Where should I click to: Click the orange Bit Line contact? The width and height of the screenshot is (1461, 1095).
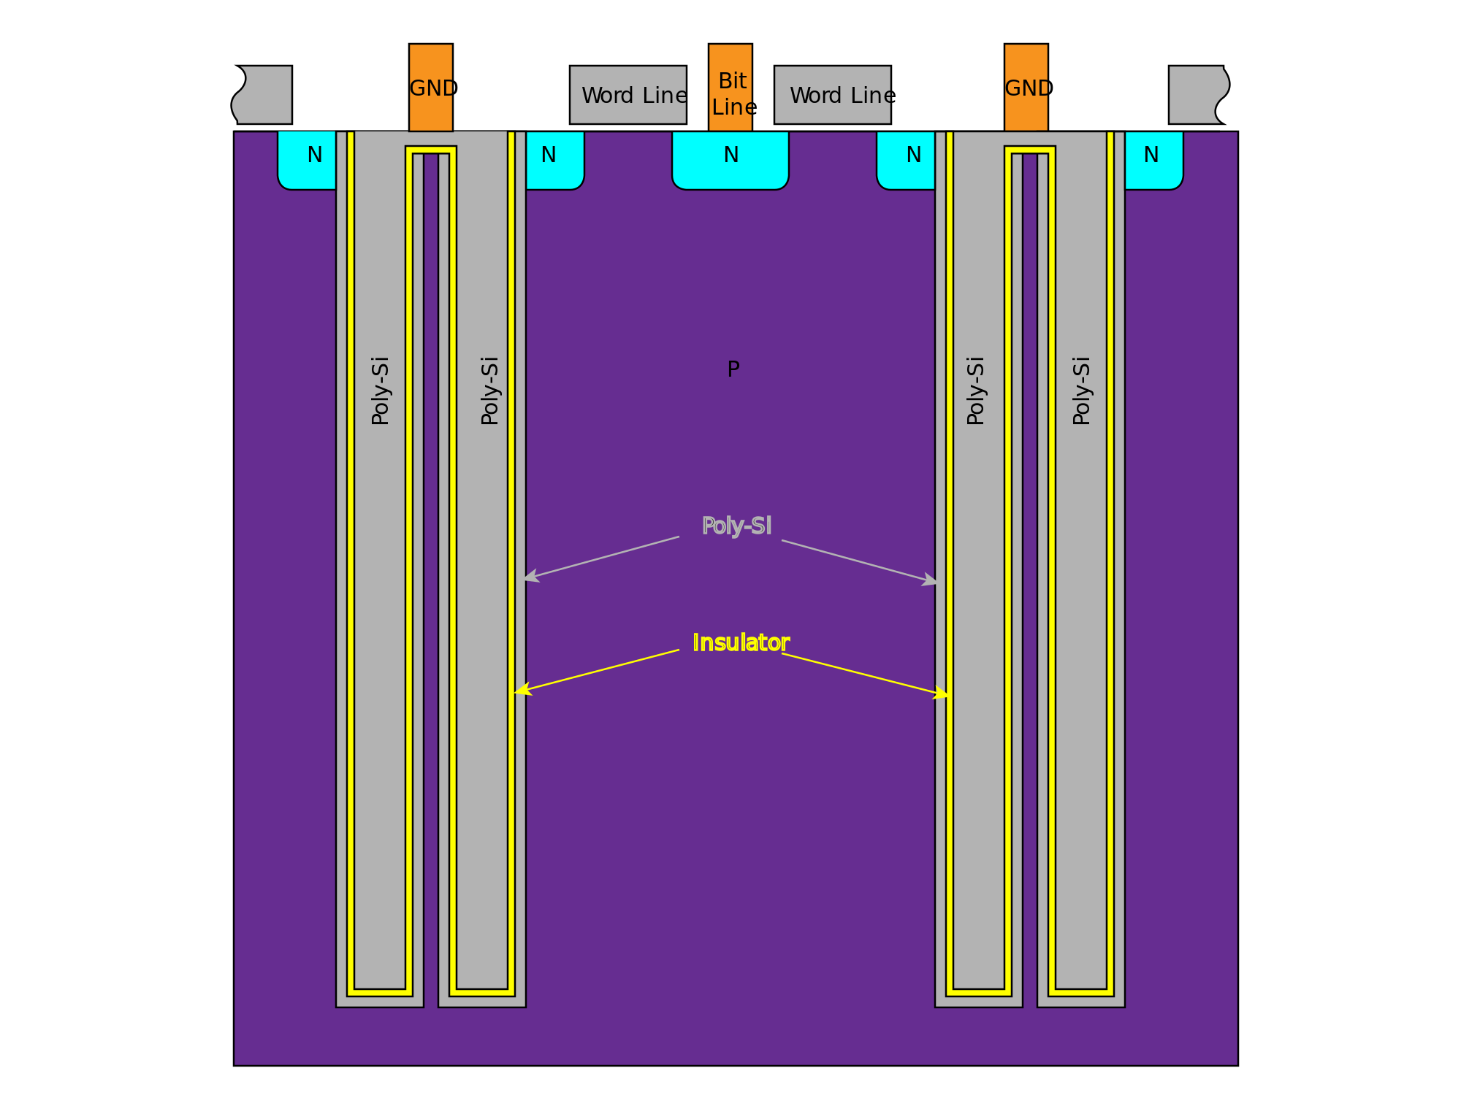click(730, 88)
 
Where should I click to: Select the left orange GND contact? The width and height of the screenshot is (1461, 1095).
click(430, 88)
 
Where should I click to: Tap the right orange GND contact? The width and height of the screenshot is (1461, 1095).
click(1026, 88)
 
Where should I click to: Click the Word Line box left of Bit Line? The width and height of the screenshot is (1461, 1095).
click(627, 95)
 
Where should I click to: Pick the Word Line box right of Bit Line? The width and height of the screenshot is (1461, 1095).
click(832, 95)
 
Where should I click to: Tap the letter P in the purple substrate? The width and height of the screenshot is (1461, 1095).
click(733, 369)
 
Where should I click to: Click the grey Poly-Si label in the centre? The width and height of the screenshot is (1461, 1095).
click(736, 526)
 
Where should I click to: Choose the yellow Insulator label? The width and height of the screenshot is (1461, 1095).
click(740, 642)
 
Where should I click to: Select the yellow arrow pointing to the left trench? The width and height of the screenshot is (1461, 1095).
click(596, 671)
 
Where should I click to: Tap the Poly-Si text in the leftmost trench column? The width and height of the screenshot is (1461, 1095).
click(380, 391)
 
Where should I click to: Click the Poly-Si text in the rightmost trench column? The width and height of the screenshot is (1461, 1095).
click(1081, 391)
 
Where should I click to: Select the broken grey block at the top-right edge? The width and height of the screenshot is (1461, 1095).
click(1197, 95)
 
